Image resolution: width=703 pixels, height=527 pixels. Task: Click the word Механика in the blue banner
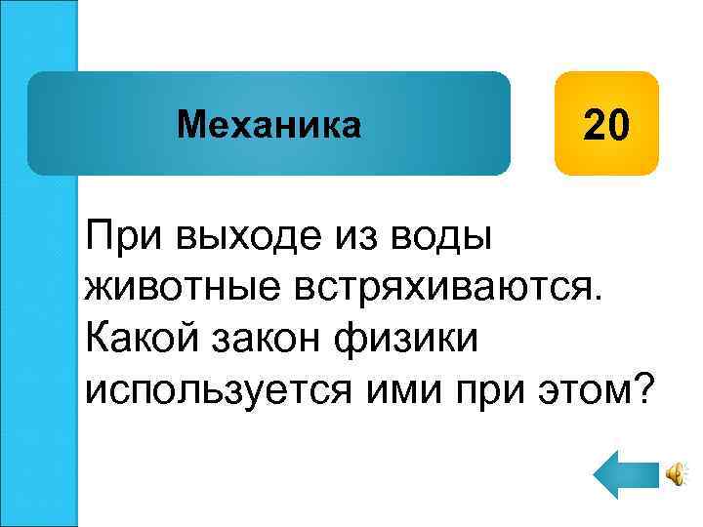(x=269, y=124)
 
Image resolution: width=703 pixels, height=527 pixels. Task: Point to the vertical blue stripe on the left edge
(x=39, y=263)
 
